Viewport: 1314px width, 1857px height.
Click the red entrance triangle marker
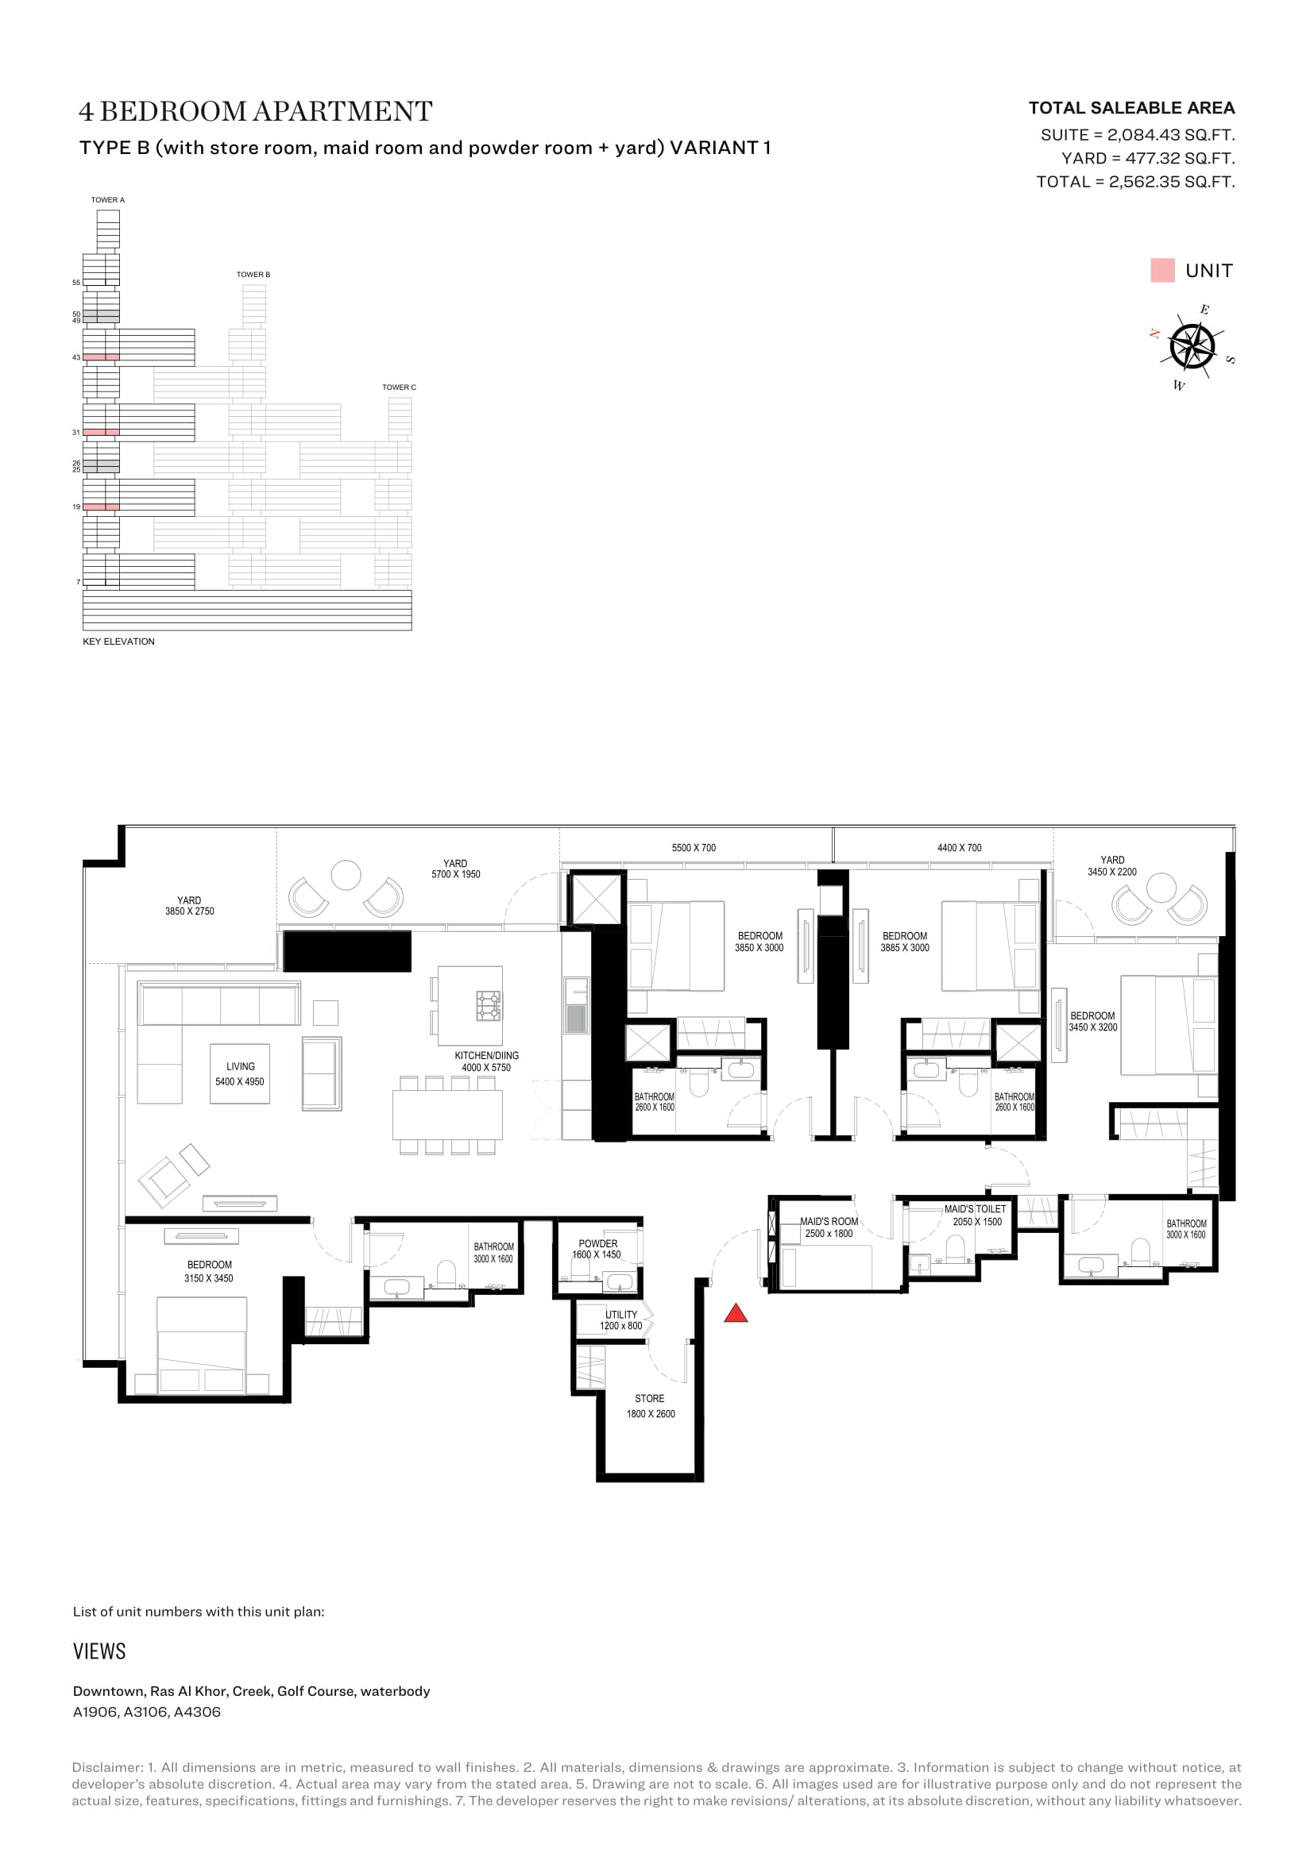736,1313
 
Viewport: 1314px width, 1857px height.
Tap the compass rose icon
1192,347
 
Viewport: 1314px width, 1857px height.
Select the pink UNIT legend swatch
1162,270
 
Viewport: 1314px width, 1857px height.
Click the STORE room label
650,1398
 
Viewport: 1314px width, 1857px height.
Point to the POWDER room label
598,1244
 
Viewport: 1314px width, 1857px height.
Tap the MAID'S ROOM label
829,1221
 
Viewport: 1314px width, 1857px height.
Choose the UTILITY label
621,1314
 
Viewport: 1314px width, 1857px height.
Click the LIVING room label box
239,1073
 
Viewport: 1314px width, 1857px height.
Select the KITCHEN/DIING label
486,1055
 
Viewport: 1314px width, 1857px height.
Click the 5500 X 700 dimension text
694,848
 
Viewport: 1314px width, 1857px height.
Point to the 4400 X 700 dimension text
959,848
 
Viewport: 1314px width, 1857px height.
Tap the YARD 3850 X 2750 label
189,906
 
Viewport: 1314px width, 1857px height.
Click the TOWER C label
399,387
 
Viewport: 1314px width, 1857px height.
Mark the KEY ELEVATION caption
118,641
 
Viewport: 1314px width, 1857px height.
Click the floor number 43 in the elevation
76,357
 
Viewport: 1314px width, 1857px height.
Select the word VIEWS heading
99,1651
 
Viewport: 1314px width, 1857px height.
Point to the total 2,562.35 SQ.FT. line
1135,182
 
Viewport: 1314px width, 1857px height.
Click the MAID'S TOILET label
975,1209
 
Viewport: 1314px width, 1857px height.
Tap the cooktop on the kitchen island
488,1005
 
